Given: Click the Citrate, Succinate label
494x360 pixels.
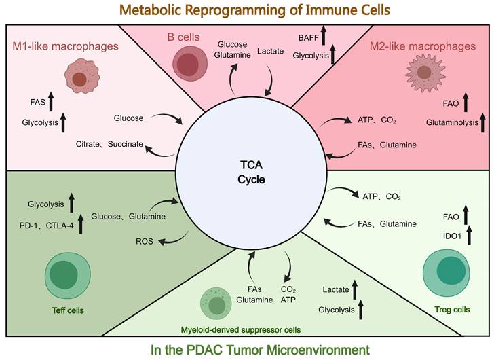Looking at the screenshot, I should (x=109, y=145).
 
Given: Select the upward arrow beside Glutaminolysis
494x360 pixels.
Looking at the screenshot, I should (x=483, y=122).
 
